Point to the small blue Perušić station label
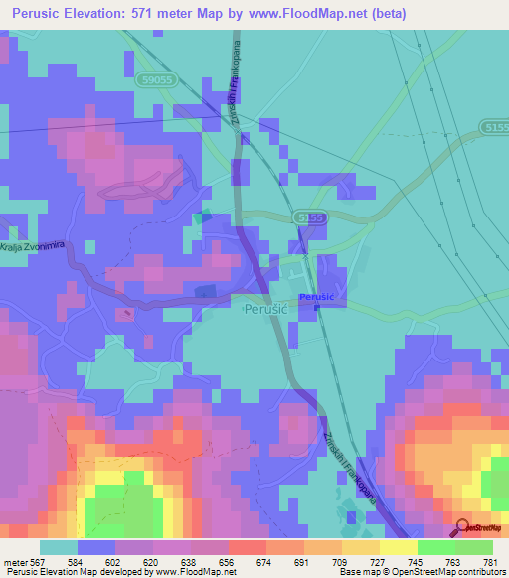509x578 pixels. pyautogui.click(x=316, y=297)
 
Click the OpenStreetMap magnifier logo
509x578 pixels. pyautogui.click(x=462, y=528)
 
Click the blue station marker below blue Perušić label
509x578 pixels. pyautogui.click(x=316, y=307)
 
